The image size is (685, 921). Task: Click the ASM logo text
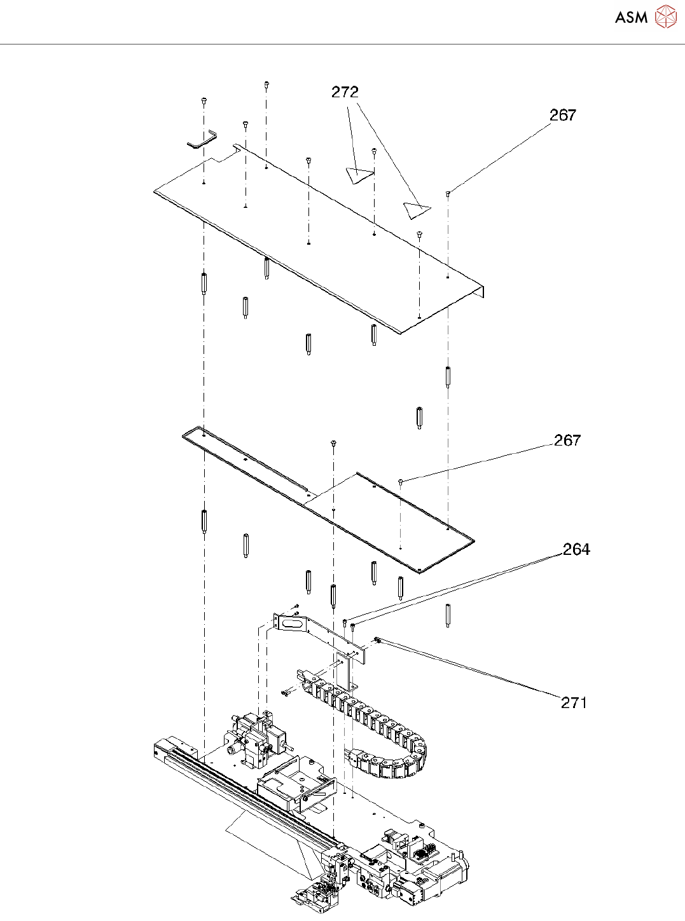point(631,17)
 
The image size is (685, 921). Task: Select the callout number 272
point(345,92)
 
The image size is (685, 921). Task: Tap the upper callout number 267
point(563,115)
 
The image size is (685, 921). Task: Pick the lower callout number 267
point(567,440)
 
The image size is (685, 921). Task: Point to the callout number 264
point(576,550)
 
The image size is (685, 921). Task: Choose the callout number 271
point(574,702)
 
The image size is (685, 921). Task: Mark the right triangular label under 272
point(417,209)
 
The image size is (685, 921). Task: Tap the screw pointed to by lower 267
point(401,482)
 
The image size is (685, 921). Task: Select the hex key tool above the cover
point(202,139)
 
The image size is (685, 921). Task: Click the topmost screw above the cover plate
point(266,84)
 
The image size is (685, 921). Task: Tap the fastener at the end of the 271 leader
point(377,640)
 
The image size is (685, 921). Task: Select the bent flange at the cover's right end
point(481,290)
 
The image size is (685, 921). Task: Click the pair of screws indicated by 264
point(349,625)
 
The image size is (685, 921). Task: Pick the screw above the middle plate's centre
point(333,442)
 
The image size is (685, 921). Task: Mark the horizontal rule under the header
point(342,44)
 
